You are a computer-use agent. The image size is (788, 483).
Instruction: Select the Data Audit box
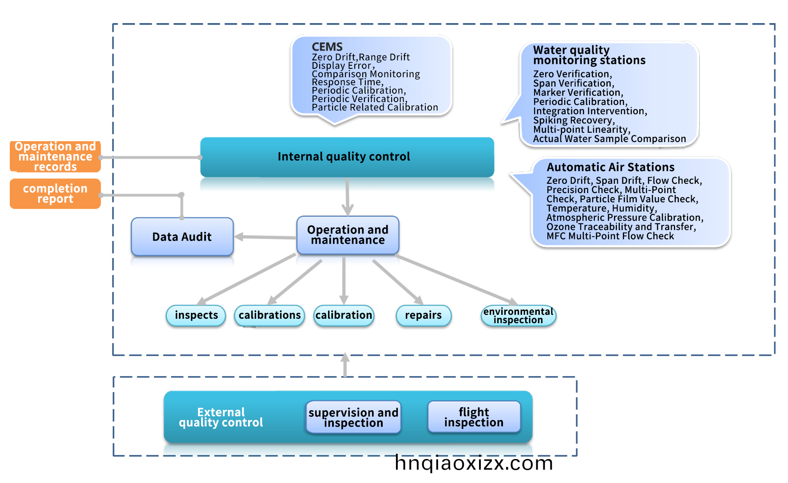tap(182, 237)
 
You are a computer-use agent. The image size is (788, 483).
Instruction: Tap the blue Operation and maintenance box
tap(348, 235)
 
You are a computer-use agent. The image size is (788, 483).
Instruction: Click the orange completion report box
tap(55, 194)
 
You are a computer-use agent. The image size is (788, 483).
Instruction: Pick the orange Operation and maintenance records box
tap(55, 157)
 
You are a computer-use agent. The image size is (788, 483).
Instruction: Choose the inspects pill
tap(196, 315)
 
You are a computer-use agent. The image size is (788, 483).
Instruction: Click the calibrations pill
tap(269, 315)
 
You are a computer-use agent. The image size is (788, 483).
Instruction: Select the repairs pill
tap(424, 315)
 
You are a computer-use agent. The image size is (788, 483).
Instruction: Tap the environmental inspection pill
tap(518, 316)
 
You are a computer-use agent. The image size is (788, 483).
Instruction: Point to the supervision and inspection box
tap(353, 417)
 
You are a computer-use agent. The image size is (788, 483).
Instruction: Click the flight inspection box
tap(474, 417)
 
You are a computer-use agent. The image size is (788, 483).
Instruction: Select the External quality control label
tap(221, 417)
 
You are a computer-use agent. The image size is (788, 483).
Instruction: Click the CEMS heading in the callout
tap(327, 47)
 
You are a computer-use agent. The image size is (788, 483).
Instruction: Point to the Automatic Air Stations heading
tap(610, 167)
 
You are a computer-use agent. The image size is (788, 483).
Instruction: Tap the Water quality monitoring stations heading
tap(589, 55)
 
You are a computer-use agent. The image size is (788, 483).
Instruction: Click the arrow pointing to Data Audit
tap(262, 237)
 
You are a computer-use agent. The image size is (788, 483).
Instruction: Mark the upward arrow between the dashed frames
tap(345, 364)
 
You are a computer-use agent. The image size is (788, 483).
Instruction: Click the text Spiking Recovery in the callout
tap(574, 120)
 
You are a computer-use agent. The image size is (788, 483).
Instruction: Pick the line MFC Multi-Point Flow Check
tap(610, 236)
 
